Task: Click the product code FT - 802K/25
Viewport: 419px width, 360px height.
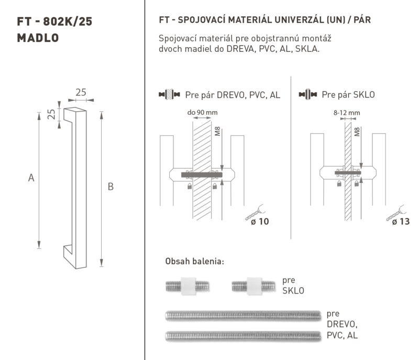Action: [54, 21]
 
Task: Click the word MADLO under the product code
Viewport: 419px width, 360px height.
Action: [38, 38]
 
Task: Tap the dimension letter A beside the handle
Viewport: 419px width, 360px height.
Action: [31, 178]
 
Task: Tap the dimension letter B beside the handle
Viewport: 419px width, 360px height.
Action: [111, 187]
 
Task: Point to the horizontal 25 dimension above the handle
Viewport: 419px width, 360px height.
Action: [81, 92]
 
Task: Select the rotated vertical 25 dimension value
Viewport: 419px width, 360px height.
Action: [51, 114]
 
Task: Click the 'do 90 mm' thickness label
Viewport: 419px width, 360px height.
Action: [202, 113]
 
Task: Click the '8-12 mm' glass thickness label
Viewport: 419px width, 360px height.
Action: [347, 113]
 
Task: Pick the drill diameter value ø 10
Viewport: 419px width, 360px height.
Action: [260, 222]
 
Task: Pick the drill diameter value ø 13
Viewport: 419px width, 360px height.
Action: [401, 222]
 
